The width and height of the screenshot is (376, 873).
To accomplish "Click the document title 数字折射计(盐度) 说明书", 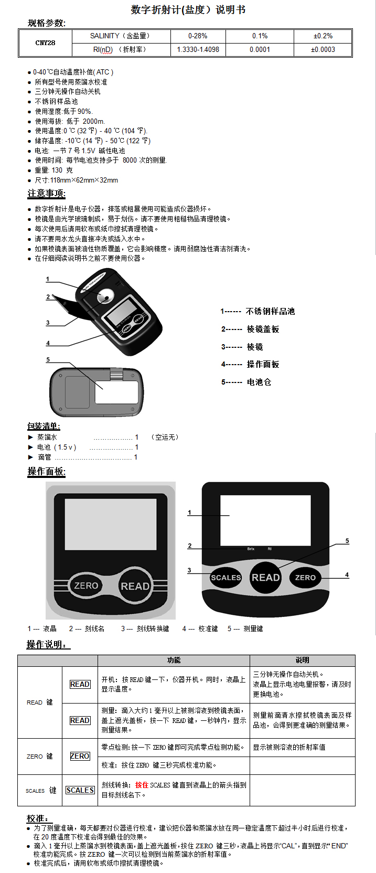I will coord(188,10).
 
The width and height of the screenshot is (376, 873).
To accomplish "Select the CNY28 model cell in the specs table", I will coord(45,43).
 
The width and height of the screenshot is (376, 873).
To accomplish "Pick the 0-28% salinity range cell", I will coord(198,36).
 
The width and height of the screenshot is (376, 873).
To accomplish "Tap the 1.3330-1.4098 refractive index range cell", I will coord(198,50).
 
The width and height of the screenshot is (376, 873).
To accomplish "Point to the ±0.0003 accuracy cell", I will coord(323,50).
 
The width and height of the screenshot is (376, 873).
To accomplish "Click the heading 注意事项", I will coord(46,194).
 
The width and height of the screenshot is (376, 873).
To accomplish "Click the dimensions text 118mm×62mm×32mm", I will coord(84,180).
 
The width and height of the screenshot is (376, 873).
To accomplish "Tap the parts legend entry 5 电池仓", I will coord(246,382).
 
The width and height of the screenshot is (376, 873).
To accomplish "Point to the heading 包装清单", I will coord(44,426).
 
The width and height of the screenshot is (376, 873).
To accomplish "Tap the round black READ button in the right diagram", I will coord(265,578).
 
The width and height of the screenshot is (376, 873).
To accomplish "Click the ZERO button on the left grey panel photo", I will coord(86,585).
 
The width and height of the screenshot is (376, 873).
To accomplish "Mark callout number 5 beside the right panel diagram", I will coord(347,541).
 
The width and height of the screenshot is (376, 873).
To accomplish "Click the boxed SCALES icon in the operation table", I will coord(80,790).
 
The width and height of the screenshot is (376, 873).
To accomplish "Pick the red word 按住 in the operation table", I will coord(141,785).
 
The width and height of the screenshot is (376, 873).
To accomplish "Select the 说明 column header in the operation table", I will coord(302,660).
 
